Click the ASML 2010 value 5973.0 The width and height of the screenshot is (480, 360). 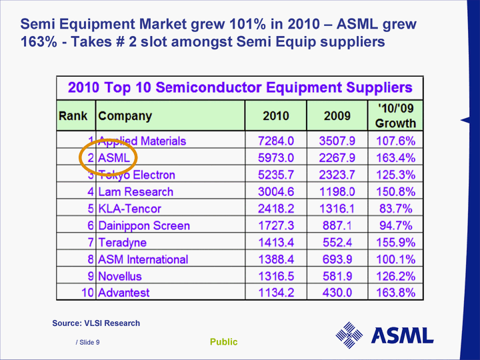pyautogui.click(x=275, y=158)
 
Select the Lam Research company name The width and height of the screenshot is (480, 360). pyautogui.click(x=135, y=192)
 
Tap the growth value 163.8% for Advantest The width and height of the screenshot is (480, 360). pyautogui.click(x=396, y=293)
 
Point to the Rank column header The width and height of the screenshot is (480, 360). pyautogui.click(x=73, y=116)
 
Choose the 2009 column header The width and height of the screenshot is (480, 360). pyautogui.click(x=337, y=116)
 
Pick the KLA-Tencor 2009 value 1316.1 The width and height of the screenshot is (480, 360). pyautogui.click(x=337, y=209)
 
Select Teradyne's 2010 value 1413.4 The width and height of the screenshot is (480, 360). pyautogui.click(x=275, y=242)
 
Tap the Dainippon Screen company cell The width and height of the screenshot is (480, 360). pyautogui.click(x=143, y=225)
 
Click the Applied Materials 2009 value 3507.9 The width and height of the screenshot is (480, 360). pyautogui.click(x=337, y=141)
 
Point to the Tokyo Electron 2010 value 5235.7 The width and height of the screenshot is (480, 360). pyautogui.click(x=275, y=175)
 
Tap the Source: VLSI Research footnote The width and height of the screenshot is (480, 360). pyautogui.click(x=96, y=323)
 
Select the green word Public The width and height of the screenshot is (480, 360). pyautogui.click(x=223, y=342)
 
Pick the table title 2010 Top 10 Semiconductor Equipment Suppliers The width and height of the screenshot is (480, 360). pyautogui.click(x=240, y=88)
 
